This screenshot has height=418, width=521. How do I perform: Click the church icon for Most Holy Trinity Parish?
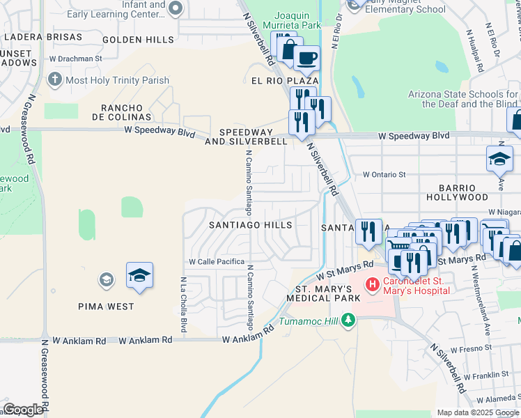(x=55, y=79)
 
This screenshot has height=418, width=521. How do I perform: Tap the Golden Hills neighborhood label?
(x=138, y=40)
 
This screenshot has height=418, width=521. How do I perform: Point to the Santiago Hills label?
(x=251, y=225)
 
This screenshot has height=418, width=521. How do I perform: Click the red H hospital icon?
(x=372, y=284)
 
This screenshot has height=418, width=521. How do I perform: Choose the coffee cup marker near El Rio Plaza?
(x=306, y=59)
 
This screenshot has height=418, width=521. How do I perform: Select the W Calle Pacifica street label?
(x=217, y=262)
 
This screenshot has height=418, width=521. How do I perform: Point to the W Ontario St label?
(x=384, y=175)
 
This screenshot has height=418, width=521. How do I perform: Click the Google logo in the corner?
(x=22, y=410)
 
